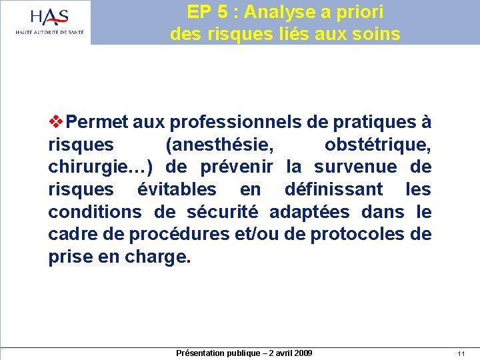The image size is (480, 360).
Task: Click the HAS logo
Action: click(49, 21)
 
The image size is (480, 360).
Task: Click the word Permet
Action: click(97, 123)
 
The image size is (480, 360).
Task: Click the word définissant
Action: click(333, 190)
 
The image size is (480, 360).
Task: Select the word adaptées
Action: click(309, 213)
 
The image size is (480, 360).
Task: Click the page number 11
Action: click(461, 353)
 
